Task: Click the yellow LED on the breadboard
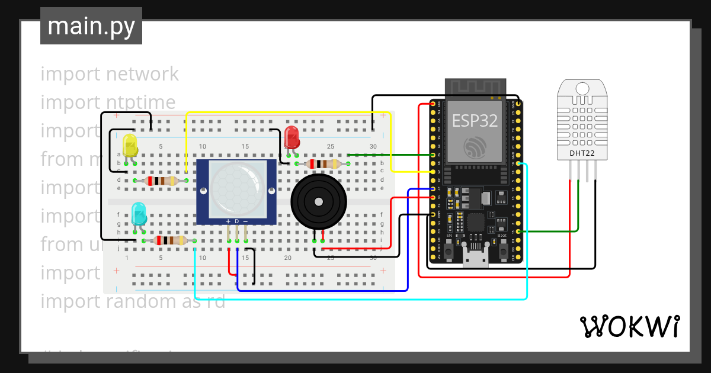pyautogui.click(x=130, y=145)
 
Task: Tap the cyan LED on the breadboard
pyautogui.click(x=139, y=213)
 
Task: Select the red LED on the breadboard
pyautogui.click(x=292, y=137)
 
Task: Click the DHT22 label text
pyautogui.click(x=582, y=153)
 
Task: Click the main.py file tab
pyautogui.click(x=91, y=26)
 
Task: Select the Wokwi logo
pyautogui.click(x=629, y=326)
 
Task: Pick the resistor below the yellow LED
pyautogui.click(x=161, y=181)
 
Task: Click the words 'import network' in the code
pyautogui.click(x=110, y=74)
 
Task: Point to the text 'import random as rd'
pyautogui.click(x=133, y=301)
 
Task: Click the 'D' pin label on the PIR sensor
pyautogui.click(x=237, y=221)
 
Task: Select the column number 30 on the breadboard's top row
pyautogui.click(x=373, y=146)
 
